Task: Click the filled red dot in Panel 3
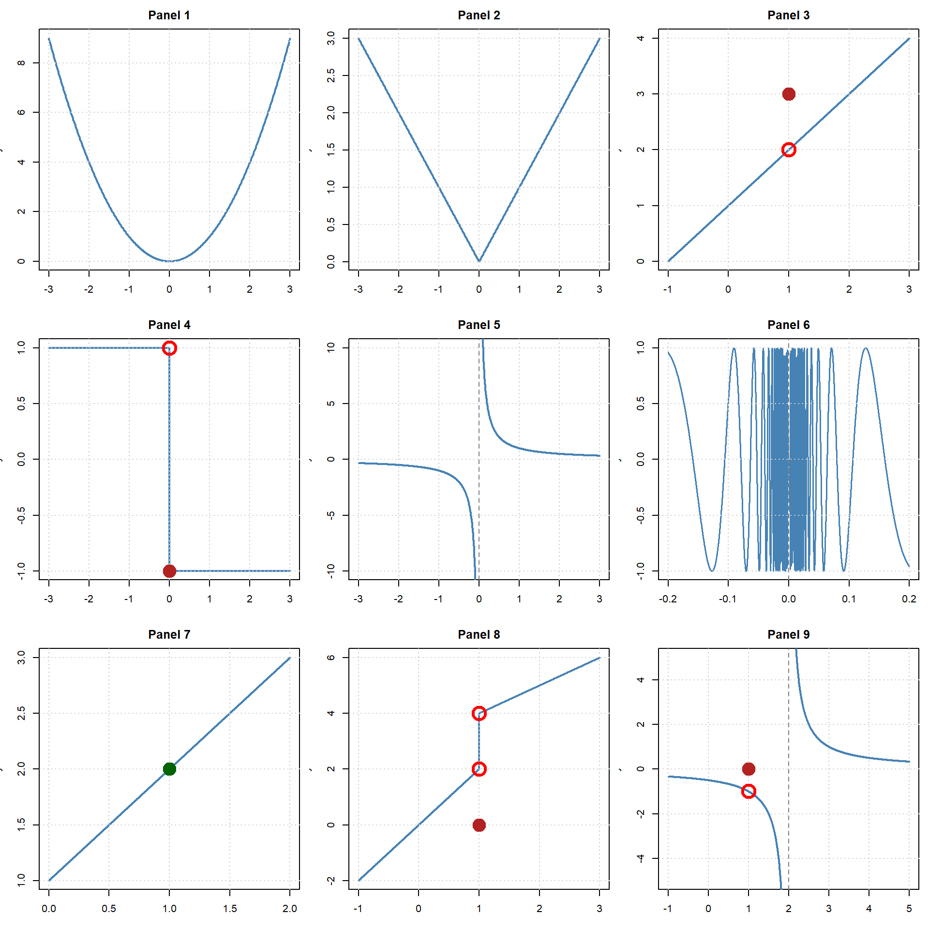click(789, 94)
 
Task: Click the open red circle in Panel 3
click(789, 150)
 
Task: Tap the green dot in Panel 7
click(169, 769)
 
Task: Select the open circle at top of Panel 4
click(169, 348)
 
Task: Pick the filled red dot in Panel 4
click(169, 571)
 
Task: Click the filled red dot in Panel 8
click(479, 825)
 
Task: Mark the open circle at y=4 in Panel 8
click(479, 713)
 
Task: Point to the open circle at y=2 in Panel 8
click(479, 769)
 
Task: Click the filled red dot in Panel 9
click(749, 769)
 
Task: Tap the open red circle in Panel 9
click(749, 792)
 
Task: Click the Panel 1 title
click(169, 15)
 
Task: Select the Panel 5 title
click(479, 325)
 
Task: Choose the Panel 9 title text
click(788, 634)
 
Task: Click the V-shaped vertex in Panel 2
click(479, 261)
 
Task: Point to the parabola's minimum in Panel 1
click(169, 261)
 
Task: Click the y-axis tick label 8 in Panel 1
click(21, 63)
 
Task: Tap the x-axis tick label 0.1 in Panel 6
click(849, 599)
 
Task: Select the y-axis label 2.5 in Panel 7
click(21, 713)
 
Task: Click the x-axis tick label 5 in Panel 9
click(909, 909)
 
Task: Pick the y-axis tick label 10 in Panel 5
click(331, 347)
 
